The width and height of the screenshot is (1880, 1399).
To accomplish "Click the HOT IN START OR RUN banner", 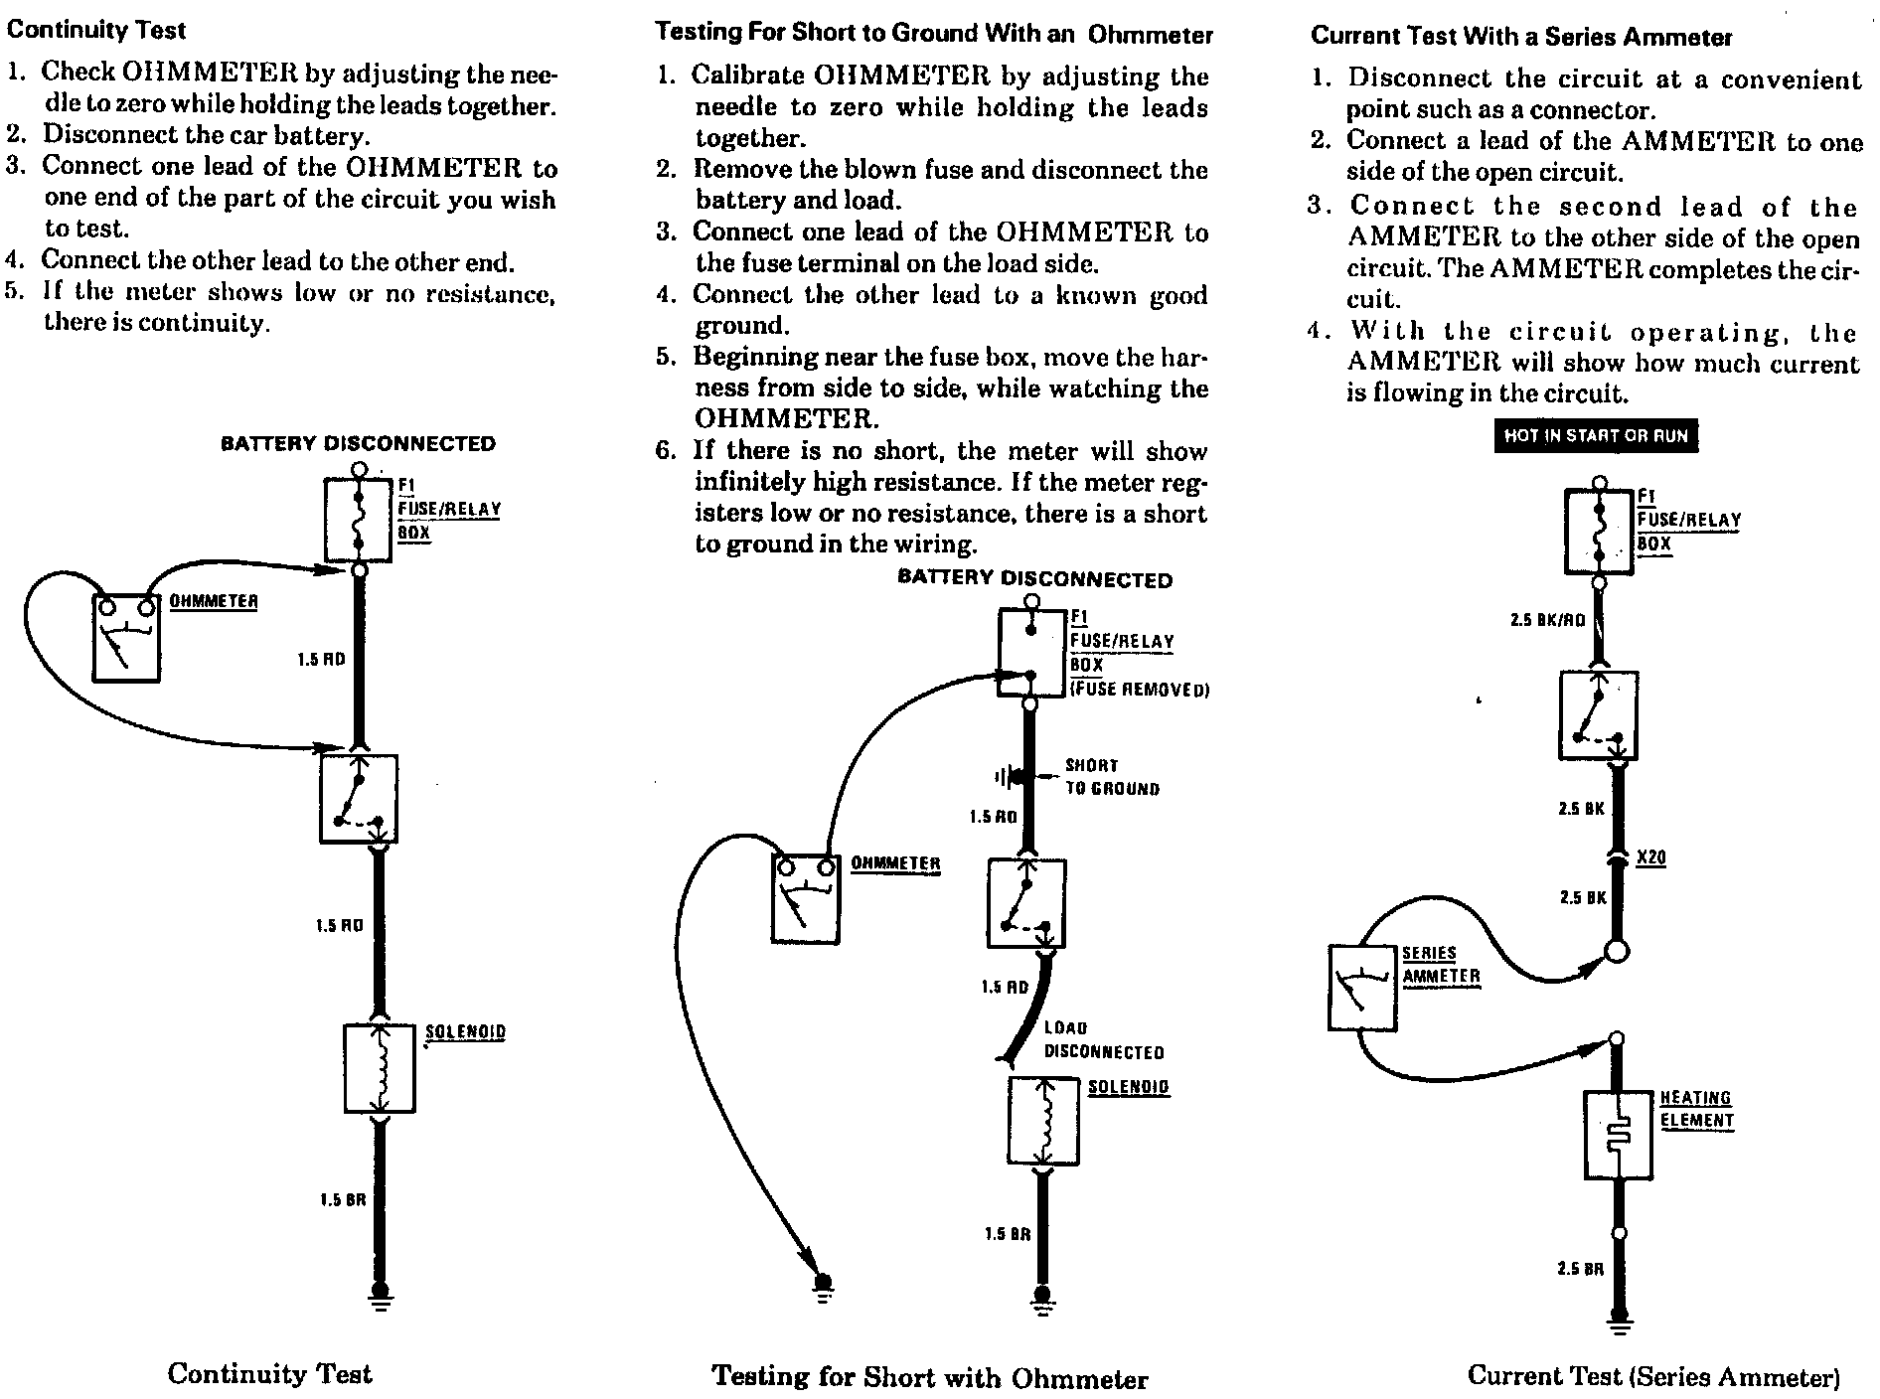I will click(x=1596, y=436).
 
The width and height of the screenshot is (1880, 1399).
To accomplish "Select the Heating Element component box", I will click(x=1618, y=1135).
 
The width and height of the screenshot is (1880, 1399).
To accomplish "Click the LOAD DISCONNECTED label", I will click(x=1103, y=1039).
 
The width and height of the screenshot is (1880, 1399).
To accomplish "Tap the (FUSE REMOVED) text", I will click(x=1139, y=690).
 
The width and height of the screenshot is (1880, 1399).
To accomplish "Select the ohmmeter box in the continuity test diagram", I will click(x=126, y=638).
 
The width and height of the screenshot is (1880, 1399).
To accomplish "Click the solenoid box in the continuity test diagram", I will click(x=379, y=1068).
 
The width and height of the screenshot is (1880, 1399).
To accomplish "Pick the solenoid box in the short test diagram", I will click(x=1043, y=1121).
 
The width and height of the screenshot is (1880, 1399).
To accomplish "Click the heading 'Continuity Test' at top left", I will click(x=95, y=30).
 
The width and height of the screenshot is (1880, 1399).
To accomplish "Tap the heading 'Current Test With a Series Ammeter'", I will click(x=1520, y=37).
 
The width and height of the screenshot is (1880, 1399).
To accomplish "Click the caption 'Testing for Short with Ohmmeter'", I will click(x=930, y=1378).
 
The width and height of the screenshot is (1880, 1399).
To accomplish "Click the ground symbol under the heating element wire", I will click(x=1620, y=1322).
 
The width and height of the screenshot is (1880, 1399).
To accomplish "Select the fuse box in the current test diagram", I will click(x=1599, y=532).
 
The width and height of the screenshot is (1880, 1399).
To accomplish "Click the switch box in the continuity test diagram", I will click(x=359, y=799).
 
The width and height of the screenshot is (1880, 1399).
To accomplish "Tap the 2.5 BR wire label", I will click(x=1580, y=1269).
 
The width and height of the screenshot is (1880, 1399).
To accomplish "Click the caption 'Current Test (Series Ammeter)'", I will click(x=1653, y=1376).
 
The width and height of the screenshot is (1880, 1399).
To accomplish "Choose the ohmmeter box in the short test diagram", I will click(x=806, y=898).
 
